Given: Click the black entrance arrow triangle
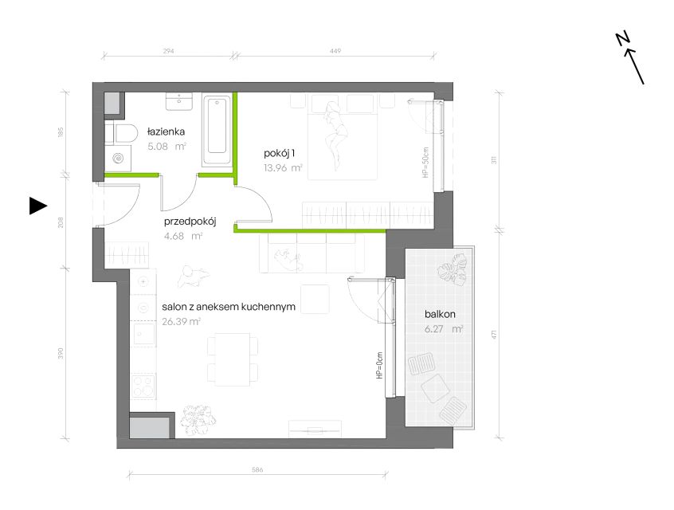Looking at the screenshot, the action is tap(37, 206).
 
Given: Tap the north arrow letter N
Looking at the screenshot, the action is tap(622, 39).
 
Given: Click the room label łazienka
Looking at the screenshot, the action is tap(166, 131).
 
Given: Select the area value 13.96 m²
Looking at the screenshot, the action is tap(283, 167).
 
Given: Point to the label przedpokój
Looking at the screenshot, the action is tap(190, 222).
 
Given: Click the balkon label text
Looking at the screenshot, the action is tap(440, 314).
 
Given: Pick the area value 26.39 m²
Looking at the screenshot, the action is tap(182, 321).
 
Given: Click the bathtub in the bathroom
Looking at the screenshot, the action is tap(217, 131).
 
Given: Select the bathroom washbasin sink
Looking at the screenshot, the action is tap(178, 101).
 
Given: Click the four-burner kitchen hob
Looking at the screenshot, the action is tap(143, 386).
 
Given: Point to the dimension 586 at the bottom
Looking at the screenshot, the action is tap(257, 469).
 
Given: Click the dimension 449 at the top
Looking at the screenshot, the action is tap(335, 51).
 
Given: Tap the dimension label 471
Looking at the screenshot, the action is tap(494, 334).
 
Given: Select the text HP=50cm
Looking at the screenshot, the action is tap(425, 163).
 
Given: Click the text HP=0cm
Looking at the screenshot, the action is tap(379, 366).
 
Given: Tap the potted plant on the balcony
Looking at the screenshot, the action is tap(453, 269).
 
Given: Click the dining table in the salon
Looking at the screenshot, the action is tap(233, 359).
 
